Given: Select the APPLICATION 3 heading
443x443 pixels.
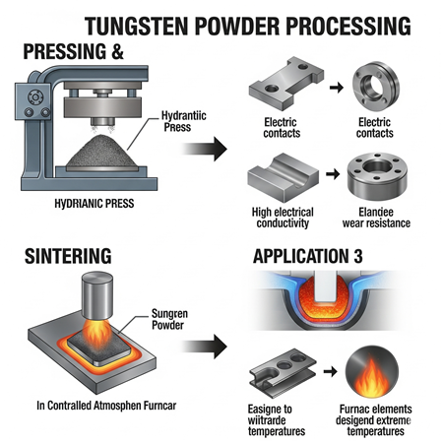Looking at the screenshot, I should coord(307,259).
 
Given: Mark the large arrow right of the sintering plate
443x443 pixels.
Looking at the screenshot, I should coord(204,346).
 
